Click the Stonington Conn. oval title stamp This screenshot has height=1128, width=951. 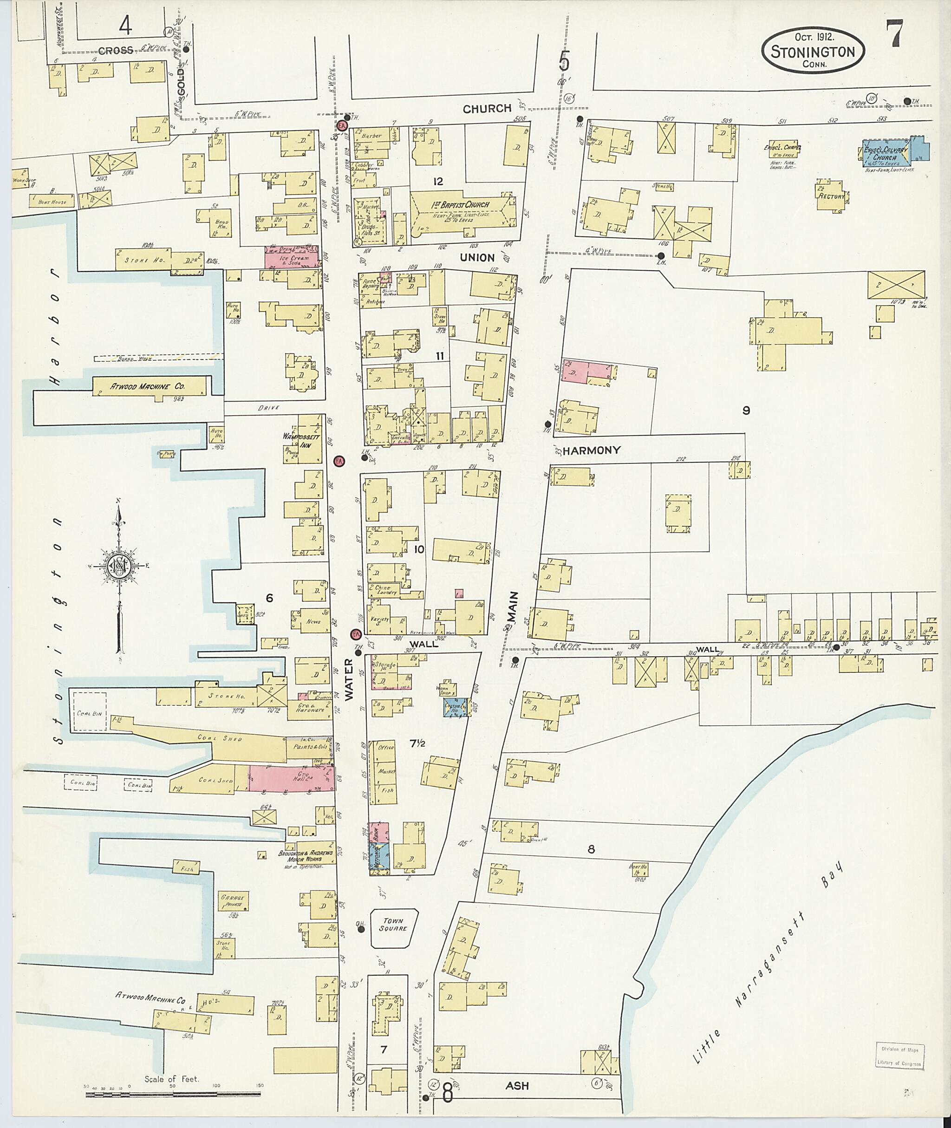pyautogui.click(x=813, y=51)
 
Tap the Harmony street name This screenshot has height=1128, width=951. pyautogui.click(x=592, y=450)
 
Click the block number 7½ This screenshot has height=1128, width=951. pyautogui.click(x=417, y=744)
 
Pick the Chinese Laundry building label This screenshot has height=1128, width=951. pyautogui.click(x=385, y=589)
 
